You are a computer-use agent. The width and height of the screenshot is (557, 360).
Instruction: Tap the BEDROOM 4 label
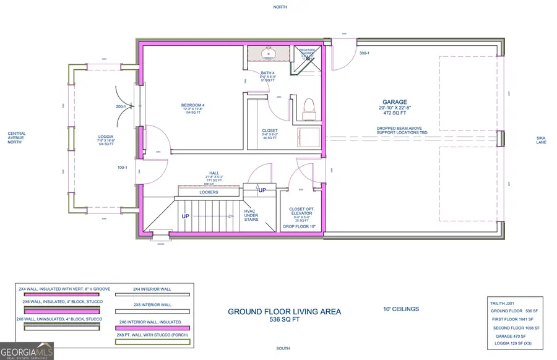click(x=192, y=105)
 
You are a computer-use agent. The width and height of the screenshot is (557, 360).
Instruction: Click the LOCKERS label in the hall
click(x=209, y=192)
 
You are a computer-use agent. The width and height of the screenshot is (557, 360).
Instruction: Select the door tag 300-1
click(x=365, y=53)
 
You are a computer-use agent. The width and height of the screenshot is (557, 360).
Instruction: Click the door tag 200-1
click(x=121, y=106)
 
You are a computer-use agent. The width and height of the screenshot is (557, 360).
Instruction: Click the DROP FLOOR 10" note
click(x=300, y=227)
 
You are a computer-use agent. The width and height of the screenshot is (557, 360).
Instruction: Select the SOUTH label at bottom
click(x=282, y=348)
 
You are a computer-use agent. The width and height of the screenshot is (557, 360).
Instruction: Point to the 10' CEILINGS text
click(x=401, y=309)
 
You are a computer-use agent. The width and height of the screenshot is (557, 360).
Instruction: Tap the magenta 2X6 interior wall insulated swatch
click(x=152, y=328)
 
